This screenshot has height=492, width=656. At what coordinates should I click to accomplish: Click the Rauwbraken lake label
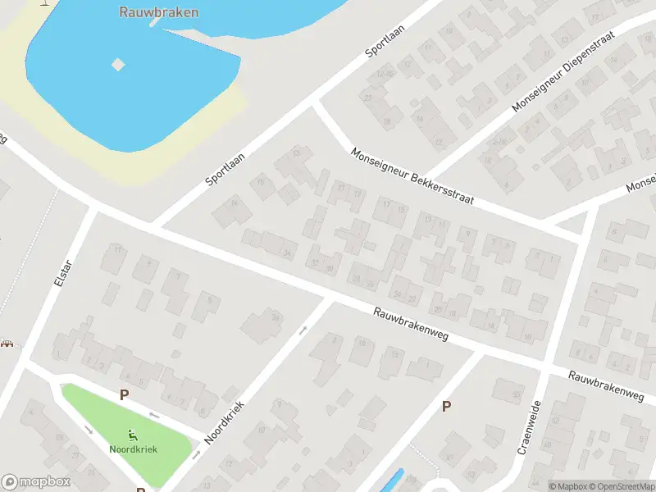[158, 12]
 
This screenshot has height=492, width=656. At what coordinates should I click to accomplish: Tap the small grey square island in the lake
[119, 64]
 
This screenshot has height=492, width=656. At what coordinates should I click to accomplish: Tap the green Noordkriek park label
[134, 449]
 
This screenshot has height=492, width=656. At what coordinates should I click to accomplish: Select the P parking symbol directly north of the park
[124, 395]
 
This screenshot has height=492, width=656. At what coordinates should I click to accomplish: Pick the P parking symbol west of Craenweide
[447, 406]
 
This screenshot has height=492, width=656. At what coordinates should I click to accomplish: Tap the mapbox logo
[36, 482]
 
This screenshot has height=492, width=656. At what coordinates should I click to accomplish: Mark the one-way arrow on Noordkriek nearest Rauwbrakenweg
[303, 330]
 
